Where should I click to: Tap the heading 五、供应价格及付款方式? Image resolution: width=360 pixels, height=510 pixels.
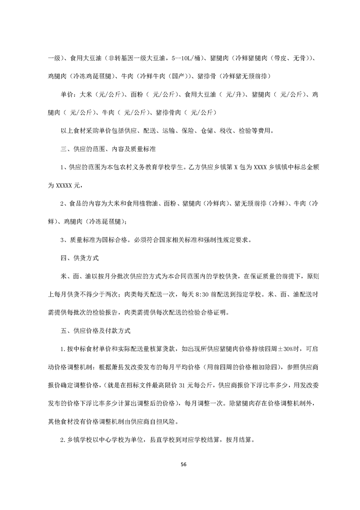click(96, 331)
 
